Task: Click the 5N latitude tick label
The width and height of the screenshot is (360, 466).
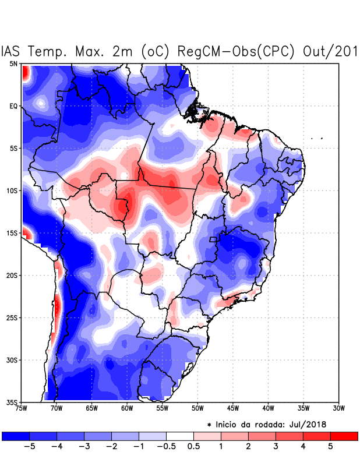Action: [13, 63]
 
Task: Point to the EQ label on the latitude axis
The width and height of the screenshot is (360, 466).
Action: [13, 106]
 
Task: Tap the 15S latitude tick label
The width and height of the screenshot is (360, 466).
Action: [12, 233]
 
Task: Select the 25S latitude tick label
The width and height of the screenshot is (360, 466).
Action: [12, 317]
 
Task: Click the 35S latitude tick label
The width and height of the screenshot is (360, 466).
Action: [12, 402]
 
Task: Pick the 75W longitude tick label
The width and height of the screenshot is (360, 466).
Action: [22, 408]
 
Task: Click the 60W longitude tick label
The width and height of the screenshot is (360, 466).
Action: [126, 408]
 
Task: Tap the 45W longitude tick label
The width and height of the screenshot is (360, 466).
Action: [232, 408]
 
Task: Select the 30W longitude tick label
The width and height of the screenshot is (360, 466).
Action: [338, 408]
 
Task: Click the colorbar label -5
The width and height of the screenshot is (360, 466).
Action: [29, 447]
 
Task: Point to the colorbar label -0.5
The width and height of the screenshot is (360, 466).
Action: [166, 447]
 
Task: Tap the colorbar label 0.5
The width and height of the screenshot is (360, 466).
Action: [193, 447]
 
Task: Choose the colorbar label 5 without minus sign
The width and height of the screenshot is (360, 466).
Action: [330, 447]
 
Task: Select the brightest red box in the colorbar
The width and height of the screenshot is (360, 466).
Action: [344, 436]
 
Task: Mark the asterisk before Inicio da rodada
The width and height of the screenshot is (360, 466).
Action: [209, 425]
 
